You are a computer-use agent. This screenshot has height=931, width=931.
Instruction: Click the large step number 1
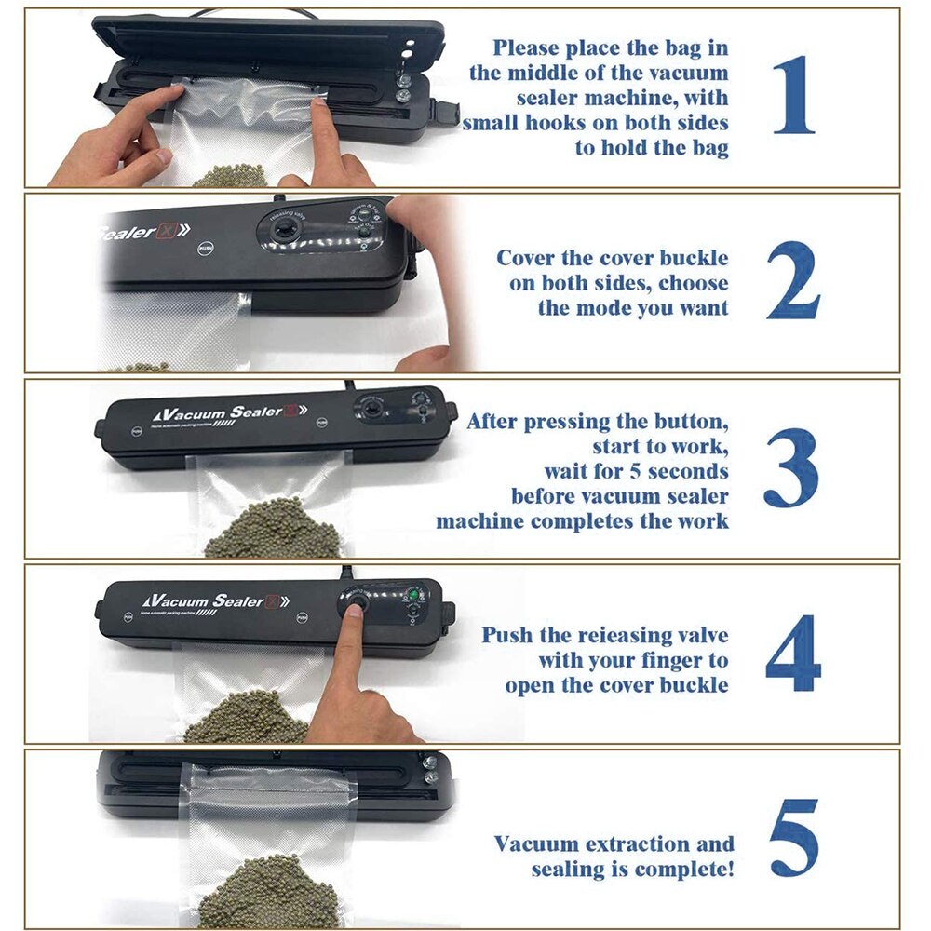(x=794, y=95)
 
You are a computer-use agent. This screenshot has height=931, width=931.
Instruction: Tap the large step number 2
(x=793, y=280)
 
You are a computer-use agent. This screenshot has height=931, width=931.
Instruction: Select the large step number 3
(x=791, y=468)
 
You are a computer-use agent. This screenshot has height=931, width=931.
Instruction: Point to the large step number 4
(x=794, y=653)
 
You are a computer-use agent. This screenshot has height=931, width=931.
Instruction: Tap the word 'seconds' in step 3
(x=688, y=471)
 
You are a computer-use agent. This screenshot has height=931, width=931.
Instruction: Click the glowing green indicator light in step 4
(x=411, y=593)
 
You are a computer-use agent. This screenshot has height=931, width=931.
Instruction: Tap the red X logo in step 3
(x=290, y=410)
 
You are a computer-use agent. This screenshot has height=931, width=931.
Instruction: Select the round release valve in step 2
(x=280, y=229)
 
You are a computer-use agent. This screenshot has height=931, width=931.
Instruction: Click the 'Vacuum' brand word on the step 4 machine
(x=176, y=600)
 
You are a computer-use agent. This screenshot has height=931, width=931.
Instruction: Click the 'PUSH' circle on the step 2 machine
(x=205, y=249)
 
